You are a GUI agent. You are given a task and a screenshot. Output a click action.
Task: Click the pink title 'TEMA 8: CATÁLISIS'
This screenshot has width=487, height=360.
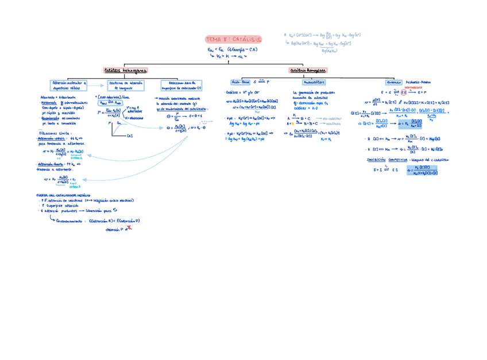tap(233, 40)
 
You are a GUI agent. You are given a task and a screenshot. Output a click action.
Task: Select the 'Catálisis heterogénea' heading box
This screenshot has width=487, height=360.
tap(126, 71)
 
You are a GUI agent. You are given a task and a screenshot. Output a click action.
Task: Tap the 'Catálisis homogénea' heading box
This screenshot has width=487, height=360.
tap(308, 71)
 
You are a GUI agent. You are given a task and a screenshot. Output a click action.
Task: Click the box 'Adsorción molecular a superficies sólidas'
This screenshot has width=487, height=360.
tap(68, 86)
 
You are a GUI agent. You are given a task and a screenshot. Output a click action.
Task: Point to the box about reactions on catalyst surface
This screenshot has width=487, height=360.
tap(181, 86)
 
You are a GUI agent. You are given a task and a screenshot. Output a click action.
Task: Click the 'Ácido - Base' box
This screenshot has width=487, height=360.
tap(241, 82)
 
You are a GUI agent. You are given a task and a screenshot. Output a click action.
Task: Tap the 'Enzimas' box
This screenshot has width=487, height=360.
tap(393, 82)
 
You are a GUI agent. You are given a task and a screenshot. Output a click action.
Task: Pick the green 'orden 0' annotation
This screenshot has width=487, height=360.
tap(75, 186)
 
